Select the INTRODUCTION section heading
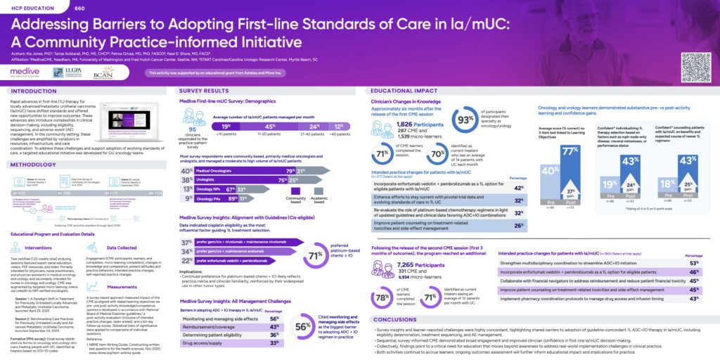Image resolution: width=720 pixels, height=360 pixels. [34, 91]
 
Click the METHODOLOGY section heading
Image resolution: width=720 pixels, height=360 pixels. [34, 165]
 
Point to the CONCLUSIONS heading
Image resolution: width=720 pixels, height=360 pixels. [397, 319]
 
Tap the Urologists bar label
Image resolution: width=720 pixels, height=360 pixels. [207, 179]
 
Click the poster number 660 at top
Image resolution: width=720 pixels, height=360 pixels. [79, 7]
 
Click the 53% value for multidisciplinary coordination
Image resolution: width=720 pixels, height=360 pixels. [695, 262]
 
